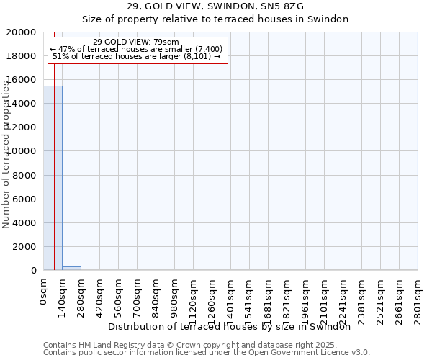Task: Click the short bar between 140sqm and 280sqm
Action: point(71,268)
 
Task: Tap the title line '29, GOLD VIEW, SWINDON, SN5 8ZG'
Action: point(215,6)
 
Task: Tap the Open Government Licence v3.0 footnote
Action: point(207,353)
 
